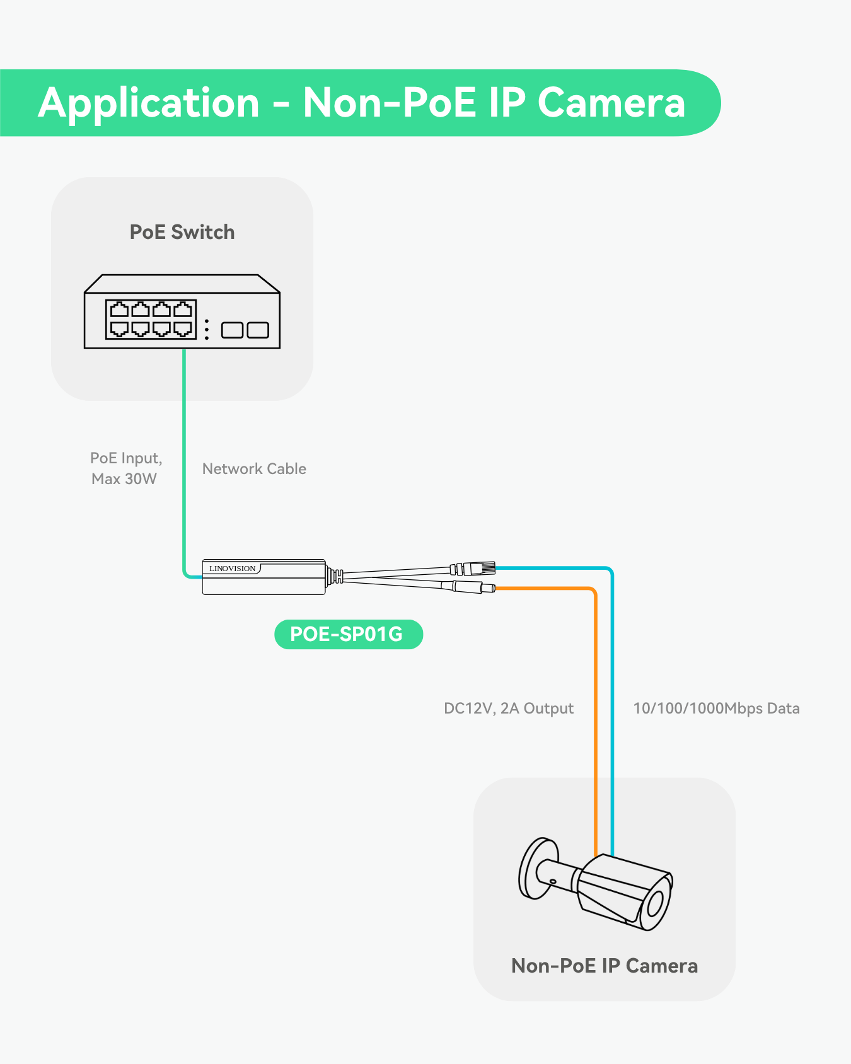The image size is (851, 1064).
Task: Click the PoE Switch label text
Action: [x=182, y=232]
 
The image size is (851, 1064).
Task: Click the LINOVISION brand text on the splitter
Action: [x=232, y=569]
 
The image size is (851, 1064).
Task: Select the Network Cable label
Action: [x=254, y=469]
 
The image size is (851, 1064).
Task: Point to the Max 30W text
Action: [x=124, y=479]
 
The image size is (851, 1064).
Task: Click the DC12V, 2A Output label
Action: [x=509, y=708]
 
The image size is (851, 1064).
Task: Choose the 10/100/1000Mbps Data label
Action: [x=716, y=708]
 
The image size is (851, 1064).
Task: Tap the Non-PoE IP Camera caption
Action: [x=604, y=966]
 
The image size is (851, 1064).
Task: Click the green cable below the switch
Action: [x=184, y=454]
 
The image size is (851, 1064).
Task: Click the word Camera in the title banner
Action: [x=611, y=103]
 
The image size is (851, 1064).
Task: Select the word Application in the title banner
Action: [x=149, y=103]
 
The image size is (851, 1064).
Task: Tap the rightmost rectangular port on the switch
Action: [x=258, y=330]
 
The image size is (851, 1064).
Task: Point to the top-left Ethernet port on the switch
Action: [x=119, y=309]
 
